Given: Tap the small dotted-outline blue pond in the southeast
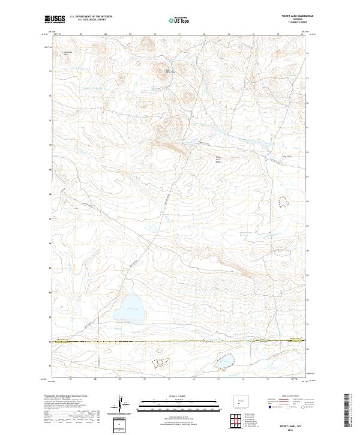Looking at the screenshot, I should point(225,361).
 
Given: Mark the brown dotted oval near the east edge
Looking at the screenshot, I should point(282,203).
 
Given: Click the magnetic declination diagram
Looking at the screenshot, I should point(122,404).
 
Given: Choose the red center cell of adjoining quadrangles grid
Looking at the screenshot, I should point(232,420).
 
